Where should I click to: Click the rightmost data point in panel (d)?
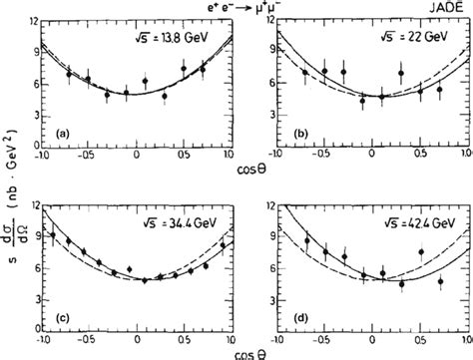[440, 282]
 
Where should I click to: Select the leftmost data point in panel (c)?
[52, 236]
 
